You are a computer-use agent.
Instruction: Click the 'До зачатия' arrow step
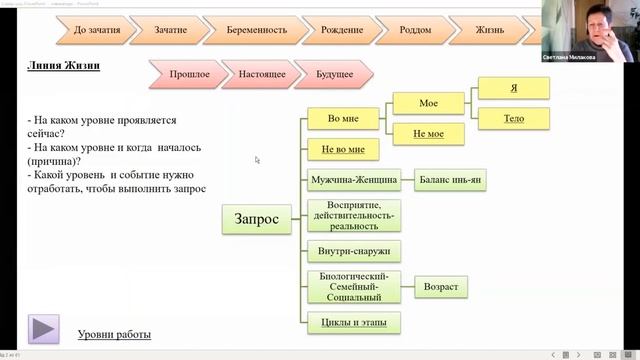click(97, 30)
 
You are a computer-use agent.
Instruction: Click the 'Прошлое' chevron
click(190, 73)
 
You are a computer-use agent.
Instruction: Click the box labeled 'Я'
click(513, 89)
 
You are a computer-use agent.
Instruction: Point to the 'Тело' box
click(513, 119)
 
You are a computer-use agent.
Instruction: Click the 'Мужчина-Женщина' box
click(355, 181)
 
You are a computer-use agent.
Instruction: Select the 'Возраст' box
click(440, 288)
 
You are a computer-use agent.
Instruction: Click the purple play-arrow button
click(44, 327)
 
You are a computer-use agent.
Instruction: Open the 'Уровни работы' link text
click(114, 333)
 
